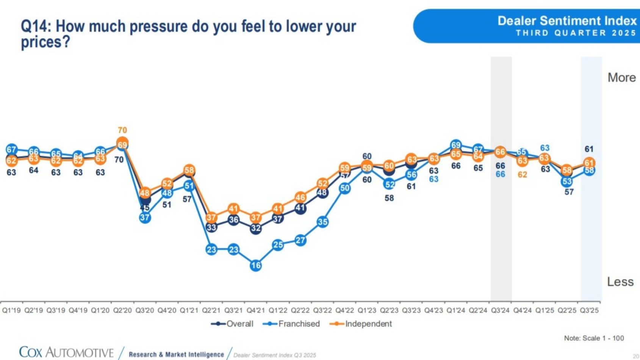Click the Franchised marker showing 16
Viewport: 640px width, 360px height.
pos(256,266)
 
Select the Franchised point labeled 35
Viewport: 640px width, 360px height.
pos(322,222)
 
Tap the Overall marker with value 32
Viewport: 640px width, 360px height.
pos(256,228)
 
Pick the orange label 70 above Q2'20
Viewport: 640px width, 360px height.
pos(122,130)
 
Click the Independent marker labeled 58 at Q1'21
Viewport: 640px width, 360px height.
pos(189,170)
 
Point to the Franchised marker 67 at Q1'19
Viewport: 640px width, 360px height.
pos(11,150)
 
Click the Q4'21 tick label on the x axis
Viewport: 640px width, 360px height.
pos(255,310)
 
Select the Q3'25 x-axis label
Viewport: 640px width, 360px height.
pos(589,310)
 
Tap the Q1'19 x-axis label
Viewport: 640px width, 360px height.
pos(11,310)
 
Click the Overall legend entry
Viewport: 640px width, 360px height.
pos(232,324)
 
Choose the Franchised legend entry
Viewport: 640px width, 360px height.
pos(291,324)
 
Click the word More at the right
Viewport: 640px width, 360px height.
pos(621,78)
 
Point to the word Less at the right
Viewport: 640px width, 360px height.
pos(620,282)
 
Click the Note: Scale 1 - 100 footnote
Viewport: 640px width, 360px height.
pos(594,338)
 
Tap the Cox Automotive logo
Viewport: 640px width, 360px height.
pos(66,352)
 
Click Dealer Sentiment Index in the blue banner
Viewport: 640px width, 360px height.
pos(567,21)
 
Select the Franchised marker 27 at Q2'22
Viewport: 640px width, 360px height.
pos(300,240)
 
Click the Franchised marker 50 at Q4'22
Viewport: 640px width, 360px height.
pos(345,188)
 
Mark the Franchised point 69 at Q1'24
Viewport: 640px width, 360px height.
pos(456,145)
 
